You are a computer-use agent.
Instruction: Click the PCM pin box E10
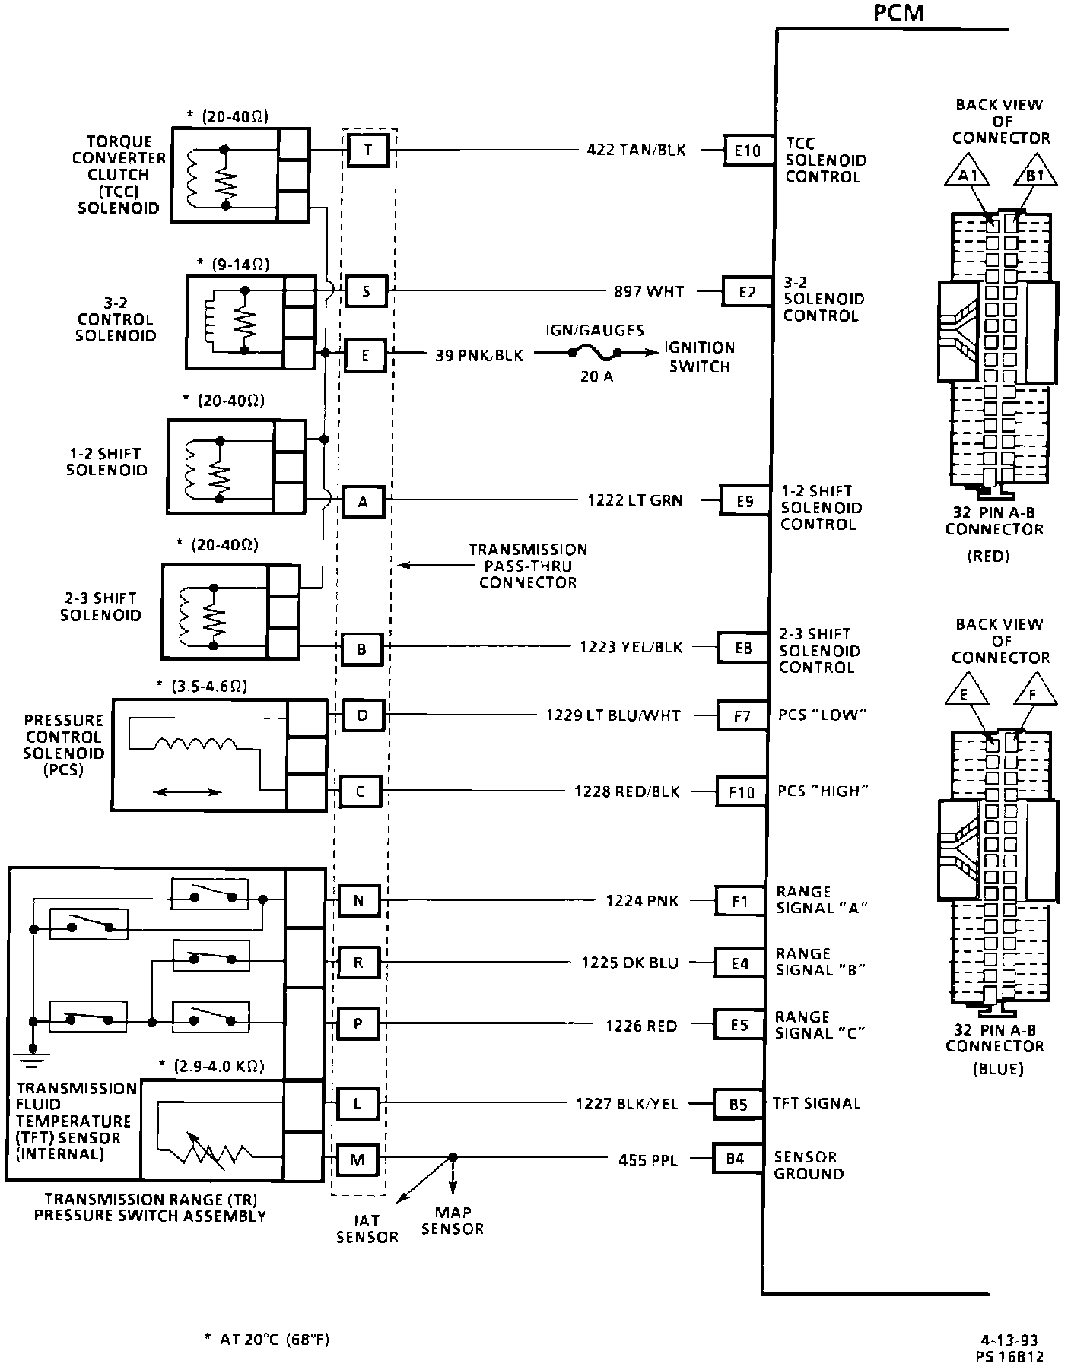tap(747, 151)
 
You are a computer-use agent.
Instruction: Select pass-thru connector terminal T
tap(368, 150)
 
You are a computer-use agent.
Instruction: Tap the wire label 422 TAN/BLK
tap(636, 151)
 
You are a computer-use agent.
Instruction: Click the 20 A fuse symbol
tap(594, 353)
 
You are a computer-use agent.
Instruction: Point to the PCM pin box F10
tap(741, 791)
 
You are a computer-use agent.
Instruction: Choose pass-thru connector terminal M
tap(358, 1159)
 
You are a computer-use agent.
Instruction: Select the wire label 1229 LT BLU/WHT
tap(613, 715)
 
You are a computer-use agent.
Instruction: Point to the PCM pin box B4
tap(735, 1159)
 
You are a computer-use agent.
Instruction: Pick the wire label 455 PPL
tap(648, 1160)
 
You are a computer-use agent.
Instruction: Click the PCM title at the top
tap(898, 13)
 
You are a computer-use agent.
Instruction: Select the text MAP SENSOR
tap(453, 1220)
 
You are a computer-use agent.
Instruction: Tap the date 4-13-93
tap(1009, 1340)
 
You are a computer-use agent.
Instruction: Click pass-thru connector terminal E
tap(365, 355)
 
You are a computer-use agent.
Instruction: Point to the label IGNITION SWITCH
tap(699, 357)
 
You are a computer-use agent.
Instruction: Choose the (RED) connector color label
tap(988, 556)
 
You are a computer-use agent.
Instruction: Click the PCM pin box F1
tap(739, 902)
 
